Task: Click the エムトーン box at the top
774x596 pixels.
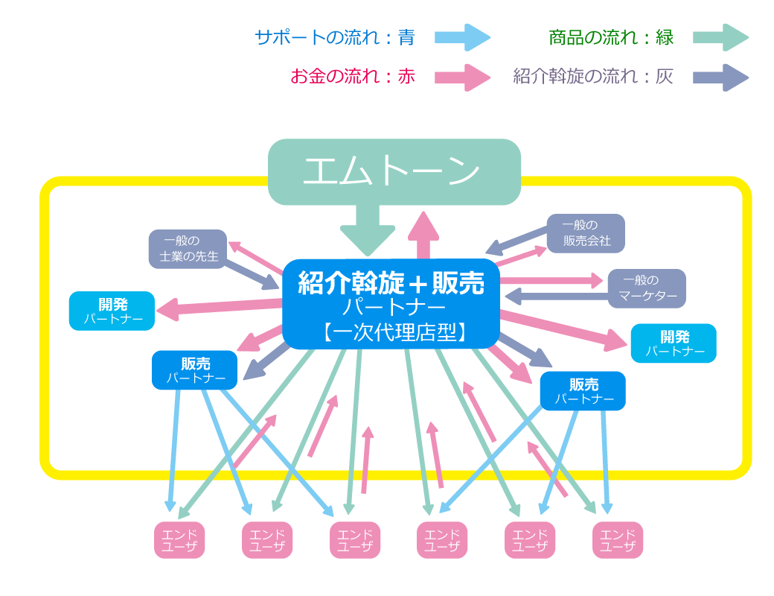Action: click(394, 171)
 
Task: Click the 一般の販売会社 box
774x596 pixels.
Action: click(586, 233)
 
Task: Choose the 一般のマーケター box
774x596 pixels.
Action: click(647, 288)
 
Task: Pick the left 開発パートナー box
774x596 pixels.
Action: click(112, 311)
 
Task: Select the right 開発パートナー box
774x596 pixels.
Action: click(674, 343)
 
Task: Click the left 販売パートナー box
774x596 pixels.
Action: click(195, 370)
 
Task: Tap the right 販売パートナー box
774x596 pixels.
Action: click(583, 391)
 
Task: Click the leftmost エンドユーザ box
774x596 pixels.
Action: click(179, 540)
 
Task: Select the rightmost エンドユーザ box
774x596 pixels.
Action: click(618, 540)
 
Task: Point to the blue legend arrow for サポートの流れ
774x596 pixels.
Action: click(467, 37)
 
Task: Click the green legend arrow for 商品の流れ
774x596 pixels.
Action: click(720, 37)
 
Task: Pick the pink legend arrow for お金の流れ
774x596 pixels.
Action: click(467, 77)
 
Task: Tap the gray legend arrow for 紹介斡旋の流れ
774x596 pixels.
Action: click(720, 77)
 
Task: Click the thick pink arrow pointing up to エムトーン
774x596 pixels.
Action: click(423, 235)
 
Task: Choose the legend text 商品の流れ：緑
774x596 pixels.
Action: click(611, 37)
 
